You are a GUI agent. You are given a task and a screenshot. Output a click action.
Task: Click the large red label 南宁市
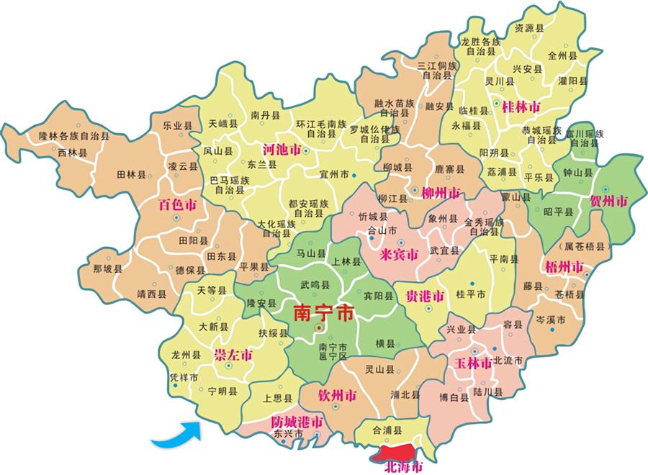(324, 314)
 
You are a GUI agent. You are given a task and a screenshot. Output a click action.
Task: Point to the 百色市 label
(177, 205)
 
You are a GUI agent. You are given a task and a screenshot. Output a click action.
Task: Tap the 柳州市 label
(434, 192)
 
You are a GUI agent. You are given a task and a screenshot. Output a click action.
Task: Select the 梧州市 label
(564, 268)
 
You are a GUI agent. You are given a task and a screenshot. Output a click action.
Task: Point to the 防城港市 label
(297, 421)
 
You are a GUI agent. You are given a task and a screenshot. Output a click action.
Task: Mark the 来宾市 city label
(399, 255)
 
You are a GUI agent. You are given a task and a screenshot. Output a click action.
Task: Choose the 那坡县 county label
(108, 269)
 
